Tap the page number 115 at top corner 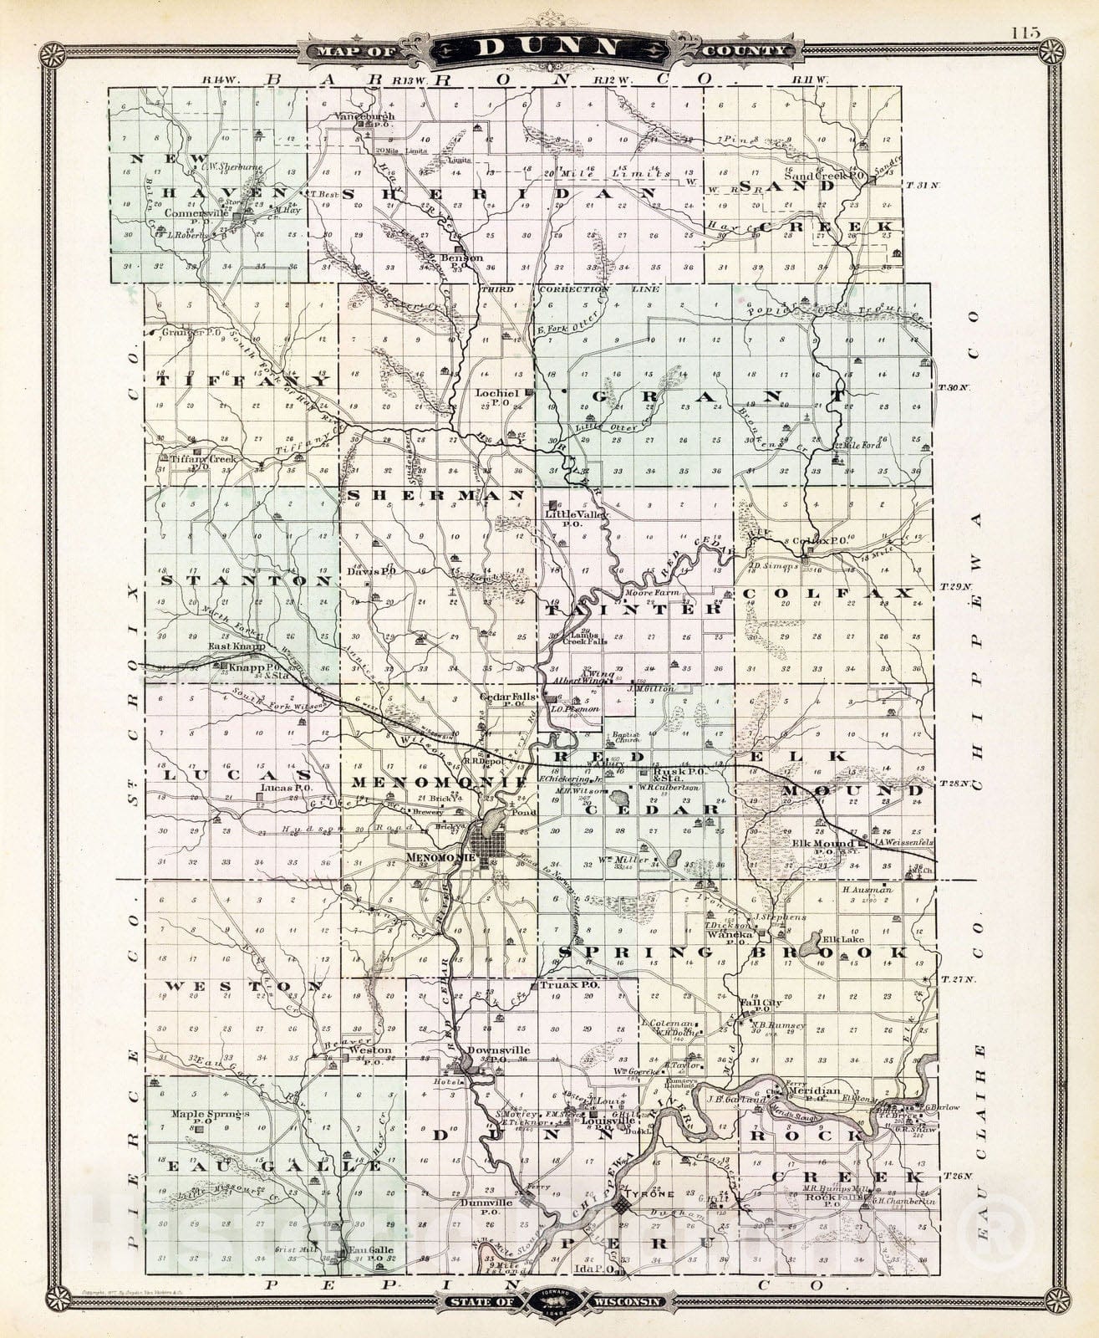[x=1024, y=33]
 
